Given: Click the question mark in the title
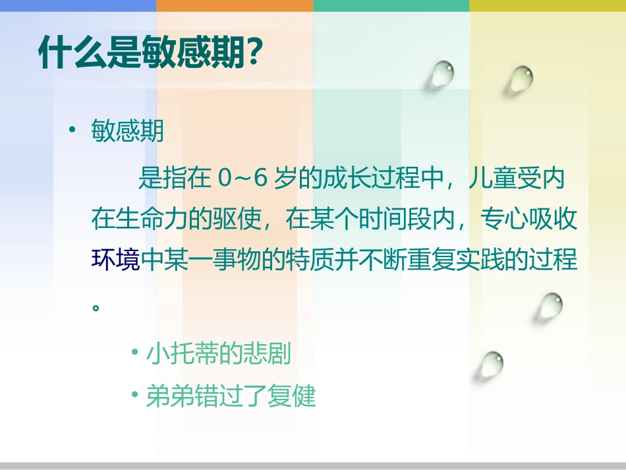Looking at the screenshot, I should tap(249, 53).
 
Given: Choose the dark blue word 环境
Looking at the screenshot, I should tap(116, 260).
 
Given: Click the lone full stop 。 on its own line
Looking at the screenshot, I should tap(97, 307).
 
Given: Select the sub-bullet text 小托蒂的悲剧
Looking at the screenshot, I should tap(218, 355).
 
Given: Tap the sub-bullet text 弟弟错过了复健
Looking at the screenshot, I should tap(231, 396).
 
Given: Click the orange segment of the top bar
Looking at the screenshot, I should tap(235, 5).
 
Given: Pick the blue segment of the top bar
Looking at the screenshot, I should tap(78, 5).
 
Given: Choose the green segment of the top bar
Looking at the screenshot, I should tap(391, 5).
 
